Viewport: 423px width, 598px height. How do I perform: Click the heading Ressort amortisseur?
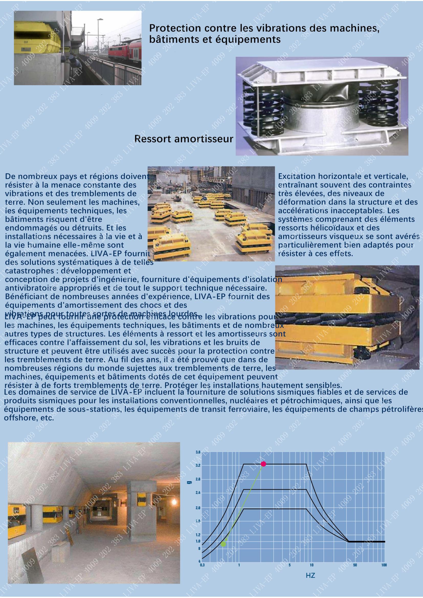click(x=184, y=139)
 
